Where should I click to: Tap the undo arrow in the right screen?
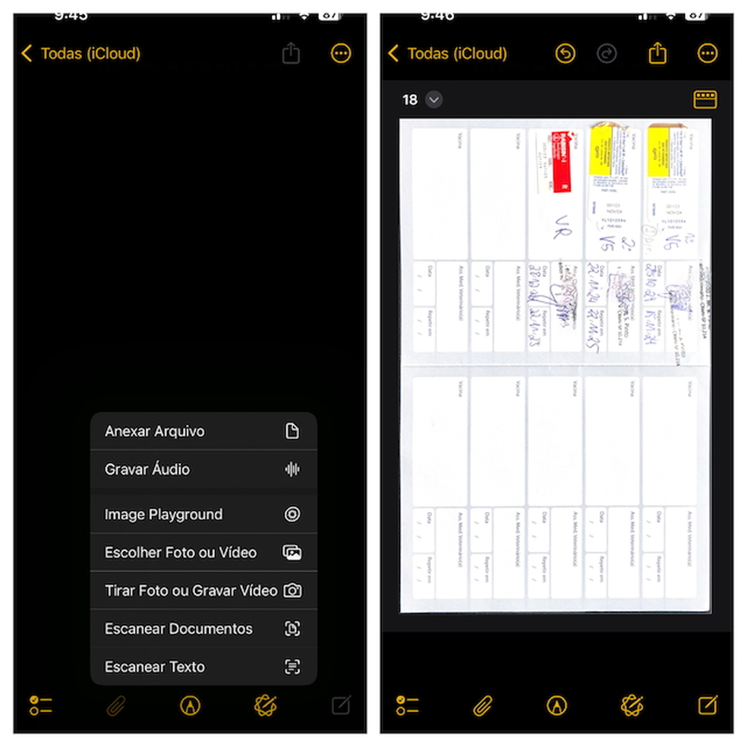tap(565, 53)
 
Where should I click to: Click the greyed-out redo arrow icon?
tap(607, 53)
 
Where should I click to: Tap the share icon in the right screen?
tap(657, 53)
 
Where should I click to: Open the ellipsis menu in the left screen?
tap(341, 53)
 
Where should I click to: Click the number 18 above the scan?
tap(410, 99)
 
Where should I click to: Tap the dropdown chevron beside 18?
tap(433, 99)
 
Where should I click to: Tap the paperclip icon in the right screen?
tap(483, 706)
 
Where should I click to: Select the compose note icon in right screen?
tap(708, 706)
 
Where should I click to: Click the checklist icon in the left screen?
tap(41, 706)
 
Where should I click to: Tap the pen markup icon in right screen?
tap(557, 706)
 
